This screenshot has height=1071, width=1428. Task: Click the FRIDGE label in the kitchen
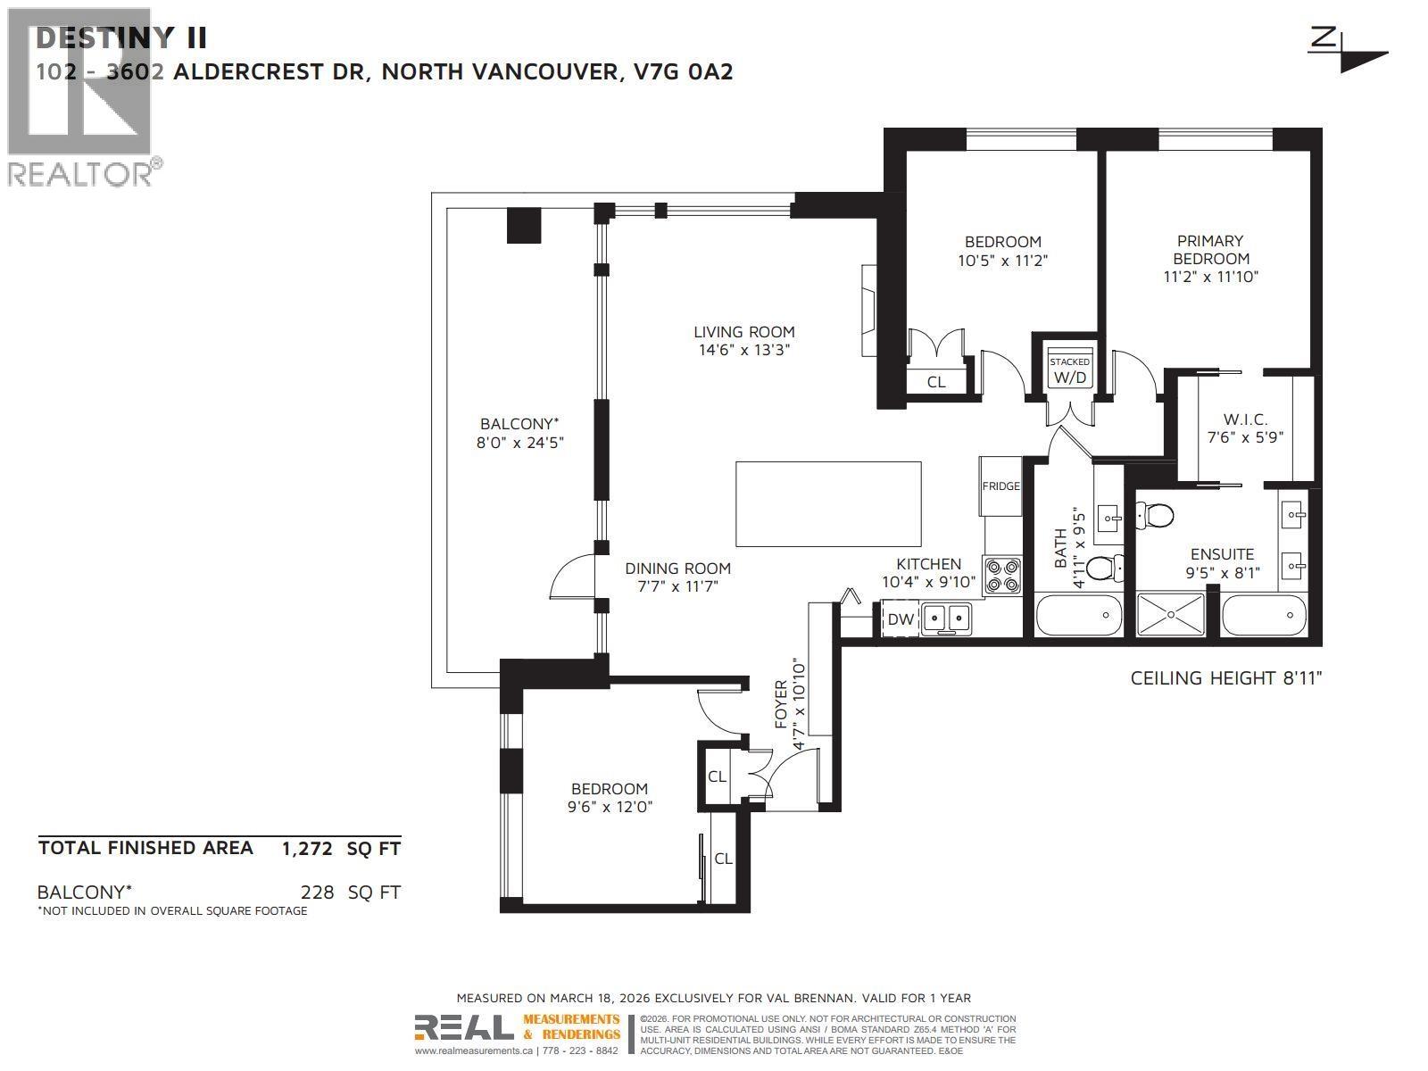coord(1000,486)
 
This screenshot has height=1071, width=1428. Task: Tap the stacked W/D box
coord(1069,370)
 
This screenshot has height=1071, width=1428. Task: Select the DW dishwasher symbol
coord(901,619)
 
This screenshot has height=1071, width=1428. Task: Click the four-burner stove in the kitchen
coord(1002,576)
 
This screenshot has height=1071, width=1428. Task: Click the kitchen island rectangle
coord(828,503)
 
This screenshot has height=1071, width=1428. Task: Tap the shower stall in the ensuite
coord(1170,615)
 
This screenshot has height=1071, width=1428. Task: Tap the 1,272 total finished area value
coord(307,849)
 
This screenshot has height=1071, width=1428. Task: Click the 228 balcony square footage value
coord(318,892)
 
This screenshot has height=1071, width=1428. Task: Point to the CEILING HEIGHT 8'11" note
coord(1225,678)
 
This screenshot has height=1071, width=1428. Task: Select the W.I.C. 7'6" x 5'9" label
coord(1244,428)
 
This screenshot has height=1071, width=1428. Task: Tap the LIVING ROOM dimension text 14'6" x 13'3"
coord(743,351)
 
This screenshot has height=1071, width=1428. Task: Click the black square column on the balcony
coord(524,226)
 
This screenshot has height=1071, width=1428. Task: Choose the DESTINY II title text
coord(121,38)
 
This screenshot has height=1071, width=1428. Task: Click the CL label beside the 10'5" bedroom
coord(935,382)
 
